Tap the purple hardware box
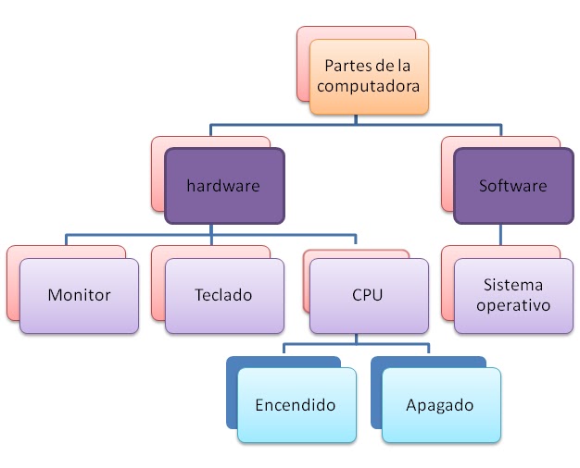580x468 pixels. tap(223, 186)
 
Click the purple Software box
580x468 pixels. tap(512, 186)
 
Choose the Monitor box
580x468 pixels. tap(79, 295)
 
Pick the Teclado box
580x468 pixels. tap(224, 295)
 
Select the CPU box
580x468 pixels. tap(368, 295)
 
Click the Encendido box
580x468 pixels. tap(296, 405)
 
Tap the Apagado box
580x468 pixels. tap(440, 405)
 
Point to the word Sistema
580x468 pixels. tap(512, 285)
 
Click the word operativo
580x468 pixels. tap(512, 304)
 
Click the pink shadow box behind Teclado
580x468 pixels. tap(158, 277)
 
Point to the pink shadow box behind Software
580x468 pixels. tap(448, 171)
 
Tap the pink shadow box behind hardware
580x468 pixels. tap(158, 171)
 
